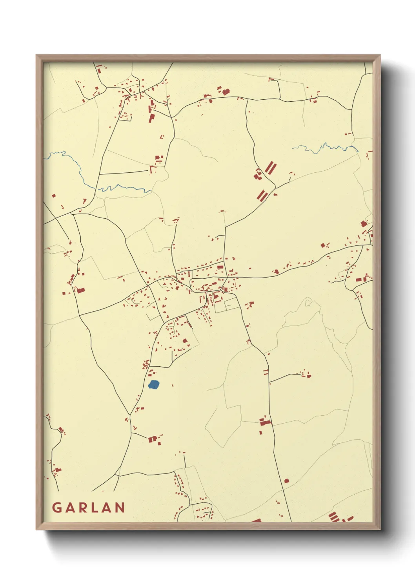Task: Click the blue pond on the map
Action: coord(154,384)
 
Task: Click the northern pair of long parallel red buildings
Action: coord(269,168)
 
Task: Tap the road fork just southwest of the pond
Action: coord(129,414)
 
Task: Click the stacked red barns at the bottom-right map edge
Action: coord(333,517)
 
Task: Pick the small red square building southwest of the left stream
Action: coord(54,195)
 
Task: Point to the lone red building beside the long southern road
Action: coord(286,481)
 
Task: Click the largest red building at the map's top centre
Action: coord(226,92)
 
